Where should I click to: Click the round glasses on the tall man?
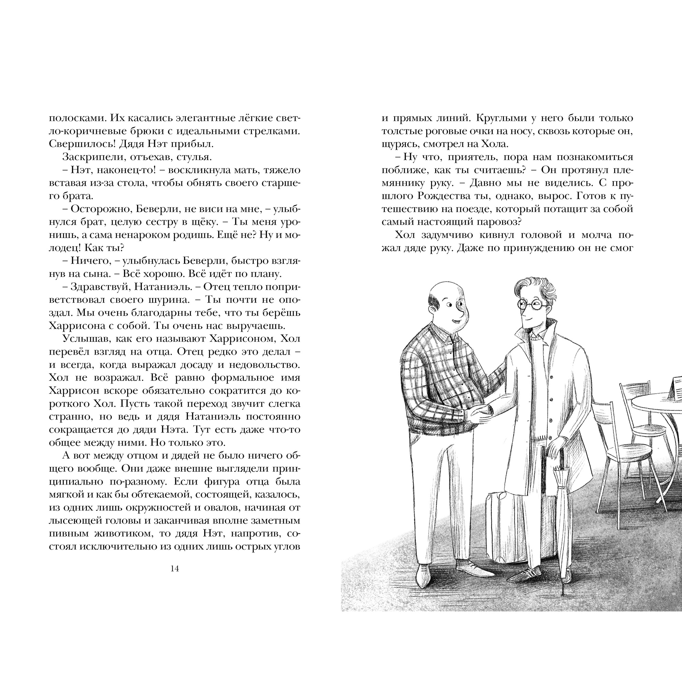[532, 305]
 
